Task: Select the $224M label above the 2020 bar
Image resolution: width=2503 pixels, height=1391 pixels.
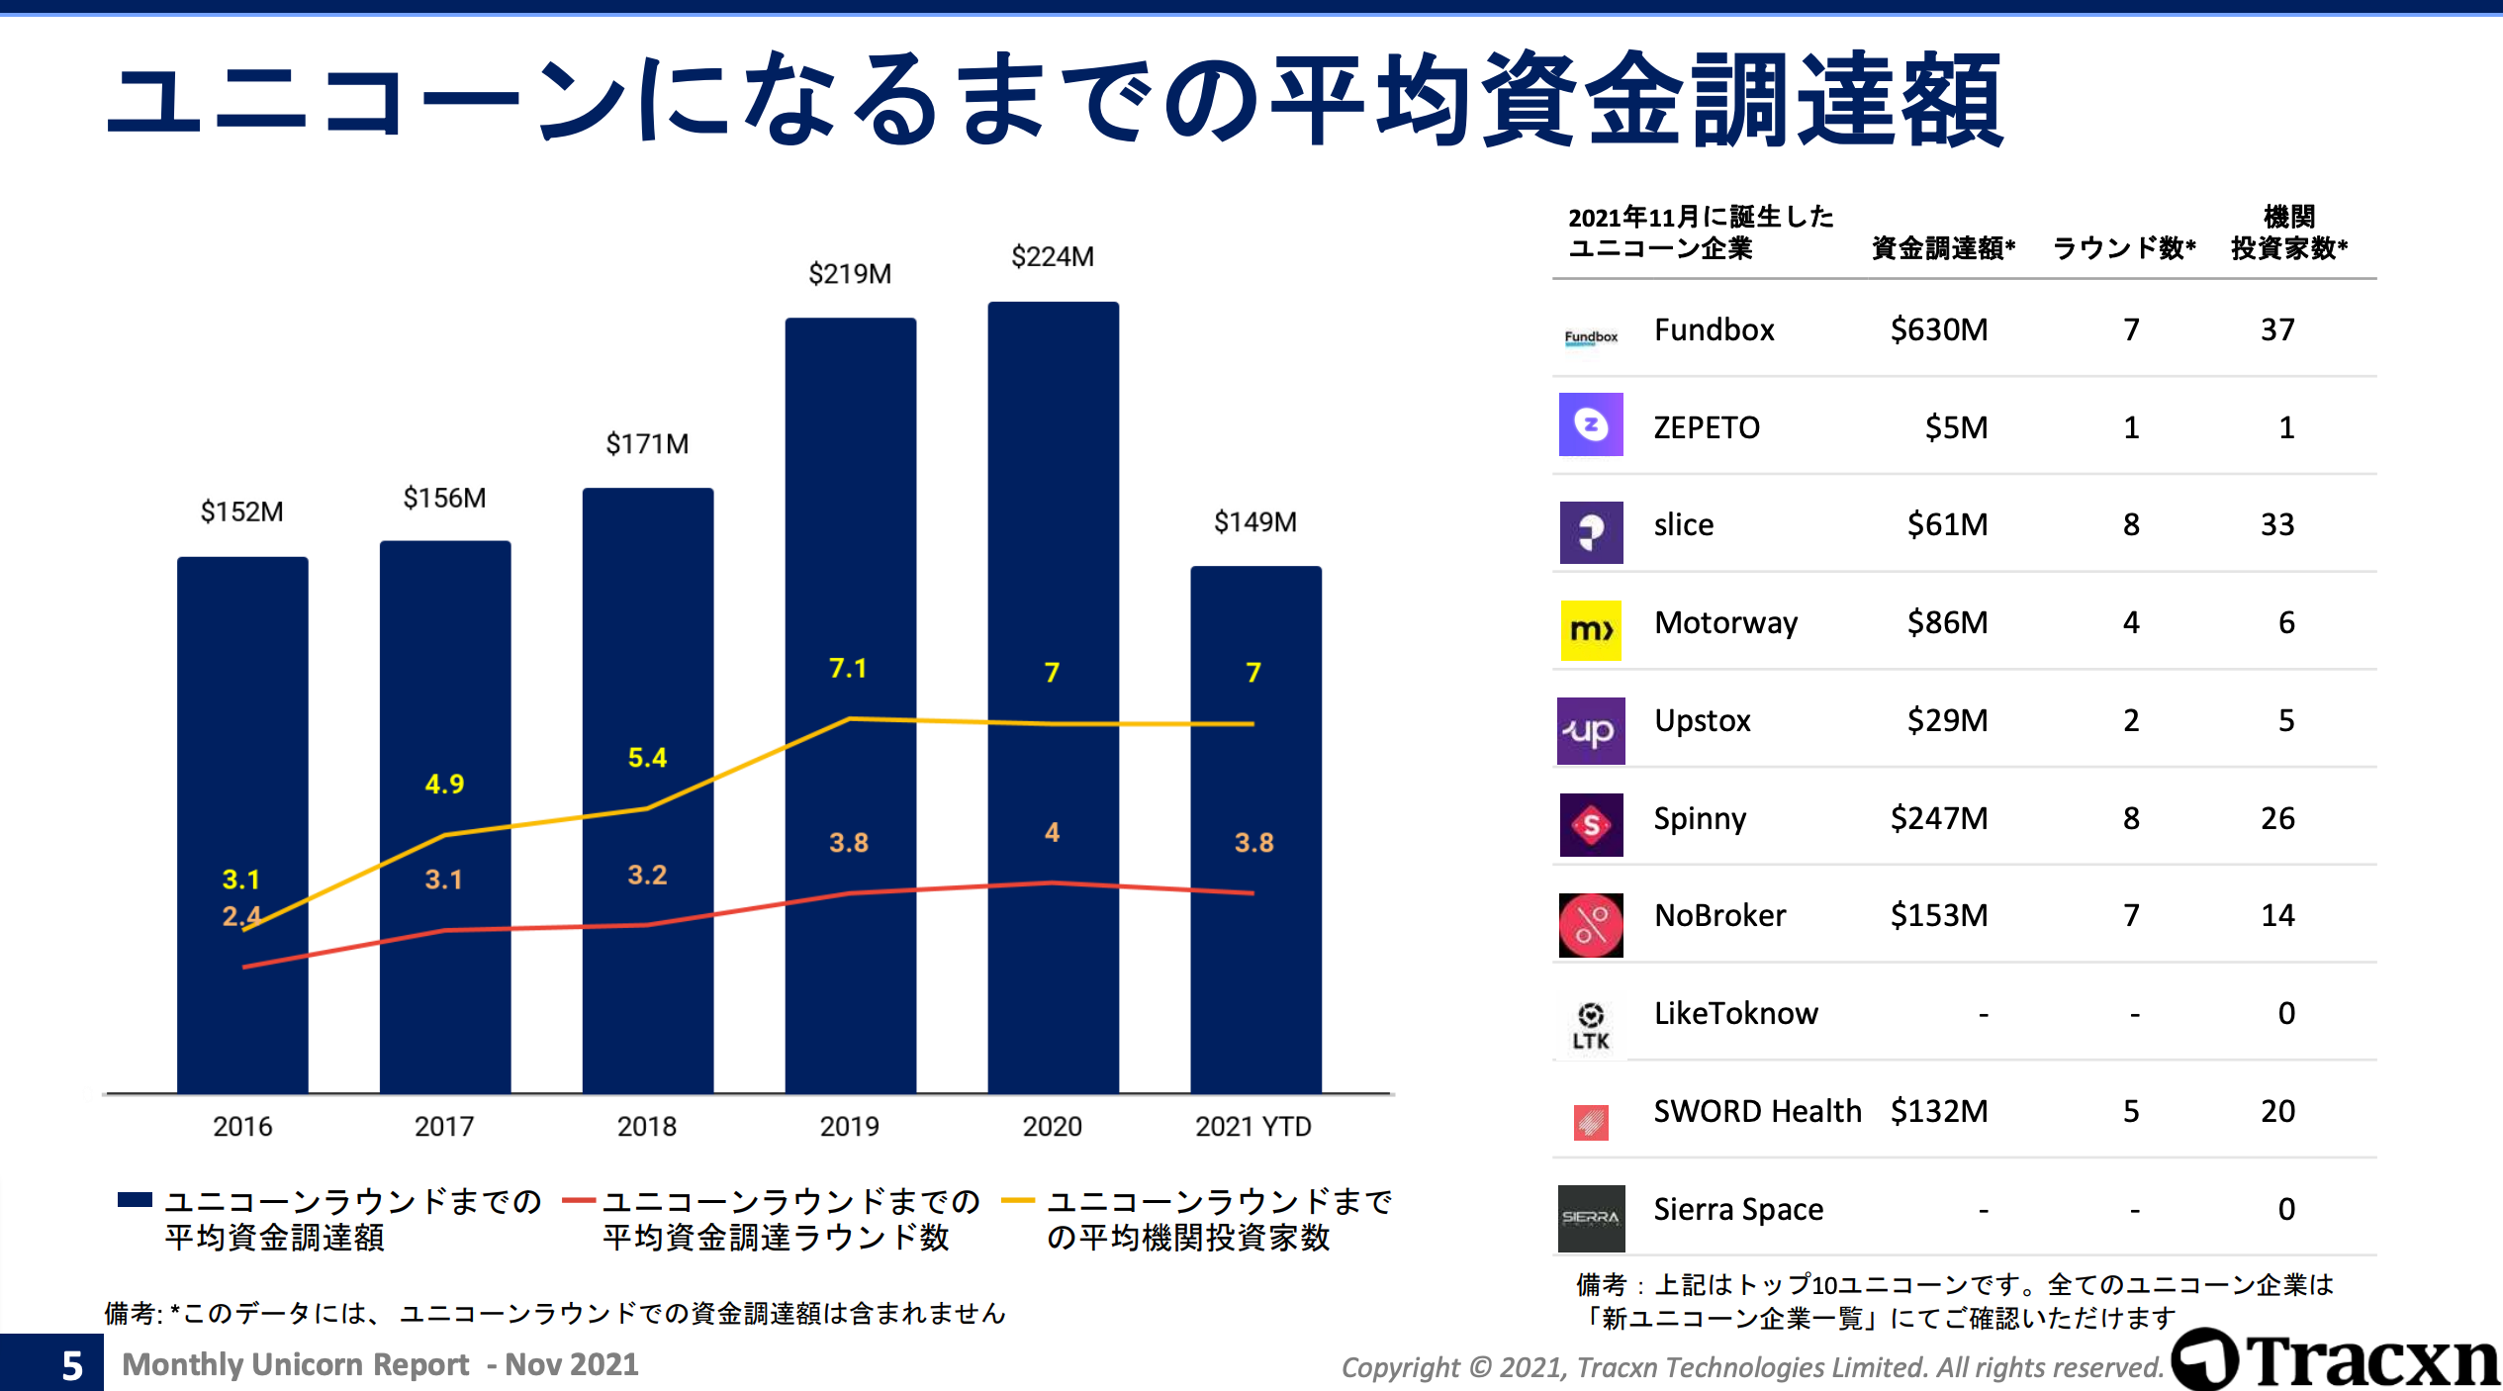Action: pyautogui.click(x=1052, y=257)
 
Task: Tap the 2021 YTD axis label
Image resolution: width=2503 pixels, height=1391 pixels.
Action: pyautogui.click(x=1252, y=1126)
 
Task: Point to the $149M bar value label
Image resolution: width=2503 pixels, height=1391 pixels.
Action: pyautogui.click(x=1254, y=522)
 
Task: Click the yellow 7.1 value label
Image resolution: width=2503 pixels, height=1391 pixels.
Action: pyautogui.click(x=848, y=669)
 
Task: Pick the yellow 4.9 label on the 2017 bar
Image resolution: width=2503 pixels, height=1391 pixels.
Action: pyautogui.click(x=444, y=785)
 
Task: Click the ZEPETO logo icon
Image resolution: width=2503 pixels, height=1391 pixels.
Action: pyautogui.click(x=1591, y=425)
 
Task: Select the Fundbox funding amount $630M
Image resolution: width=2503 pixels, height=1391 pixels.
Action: pyautogui.click(x=1938, y=329)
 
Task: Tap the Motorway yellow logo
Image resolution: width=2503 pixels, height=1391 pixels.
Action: pyautogui.click(x=1591, y=630)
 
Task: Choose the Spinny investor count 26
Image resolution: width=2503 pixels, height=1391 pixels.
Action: pyautogui.click(x=2276, y=818)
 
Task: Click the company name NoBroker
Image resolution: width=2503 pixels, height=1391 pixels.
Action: pyautogui.click(x=1719, y=915)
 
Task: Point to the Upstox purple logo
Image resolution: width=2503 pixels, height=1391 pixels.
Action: pyautogui.click(x=1591, y=731)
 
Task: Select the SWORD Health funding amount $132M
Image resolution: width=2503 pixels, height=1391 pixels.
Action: pyautogui.click(x=1938, y=1111)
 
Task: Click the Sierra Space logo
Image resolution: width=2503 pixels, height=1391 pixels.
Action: pyautogui.click(x=1591, y=1218)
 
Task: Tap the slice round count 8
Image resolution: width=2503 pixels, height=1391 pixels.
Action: pyautogui.click(x=2131, y=524)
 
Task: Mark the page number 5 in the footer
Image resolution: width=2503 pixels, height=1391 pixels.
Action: pyautogui.click(x=71, y=1365)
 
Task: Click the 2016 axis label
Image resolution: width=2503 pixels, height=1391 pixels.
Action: pyautogui.click(x=242, y=1126)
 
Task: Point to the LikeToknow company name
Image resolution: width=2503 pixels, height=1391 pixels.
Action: pyautogui.click(x=1735, y=1013)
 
